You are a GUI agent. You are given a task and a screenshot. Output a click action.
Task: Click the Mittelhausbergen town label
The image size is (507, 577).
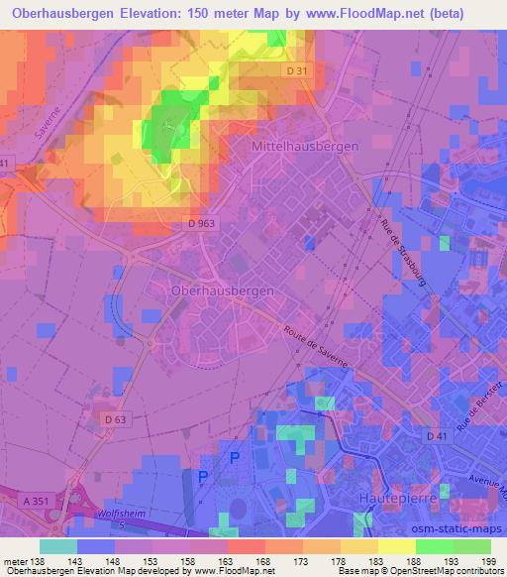tap(298, 145)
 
